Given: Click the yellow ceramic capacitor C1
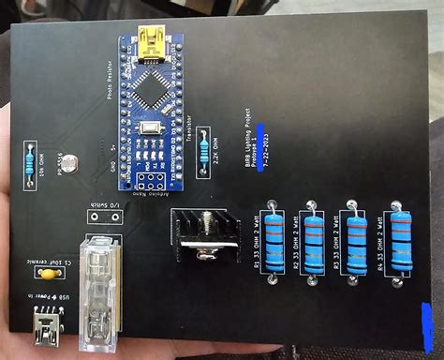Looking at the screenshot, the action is click(43, 274).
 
